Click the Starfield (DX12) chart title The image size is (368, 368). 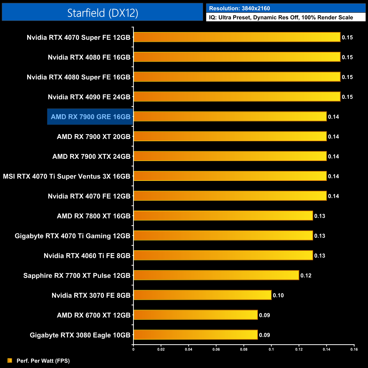(x=102, y=13)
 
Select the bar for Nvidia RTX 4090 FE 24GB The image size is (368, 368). (x=237, y=97)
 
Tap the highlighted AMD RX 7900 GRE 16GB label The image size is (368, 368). (x=90, y=117)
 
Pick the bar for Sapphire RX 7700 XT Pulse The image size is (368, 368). (x=216, y=275)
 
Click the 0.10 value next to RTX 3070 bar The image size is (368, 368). (x=278, y=296)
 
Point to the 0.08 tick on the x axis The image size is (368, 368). (x=244, y=349)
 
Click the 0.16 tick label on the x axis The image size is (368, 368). (x=354, y=349)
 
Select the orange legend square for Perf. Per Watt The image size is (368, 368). (x=10, y=360)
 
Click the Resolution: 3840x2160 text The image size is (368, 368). (x=239, y=8)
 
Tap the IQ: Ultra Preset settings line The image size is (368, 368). (x=281, y=18)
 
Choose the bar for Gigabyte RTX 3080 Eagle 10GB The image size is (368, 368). (x=196, y=335)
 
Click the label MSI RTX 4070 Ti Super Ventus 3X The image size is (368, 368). (x=67, y=176)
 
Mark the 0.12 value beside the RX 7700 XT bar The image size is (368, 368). (x=306, y=276)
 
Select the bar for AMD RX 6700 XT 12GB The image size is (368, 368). (x=196, y=315)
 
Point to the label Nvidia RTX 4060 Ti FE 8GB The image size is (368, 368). (x=87, y=256)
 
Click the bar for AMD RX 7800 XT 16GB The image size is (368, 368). (x=223, y=216)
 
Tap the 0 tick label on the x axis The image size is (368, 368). (x=133, y=349)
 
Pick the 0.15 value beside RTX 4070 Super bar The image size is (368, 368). (x=347, y=37)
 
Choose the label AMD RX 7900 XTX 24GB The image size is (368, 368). (x=91, y=157)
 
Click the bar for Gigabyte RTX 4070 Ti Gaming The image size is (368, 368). (x=223, y=236)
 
